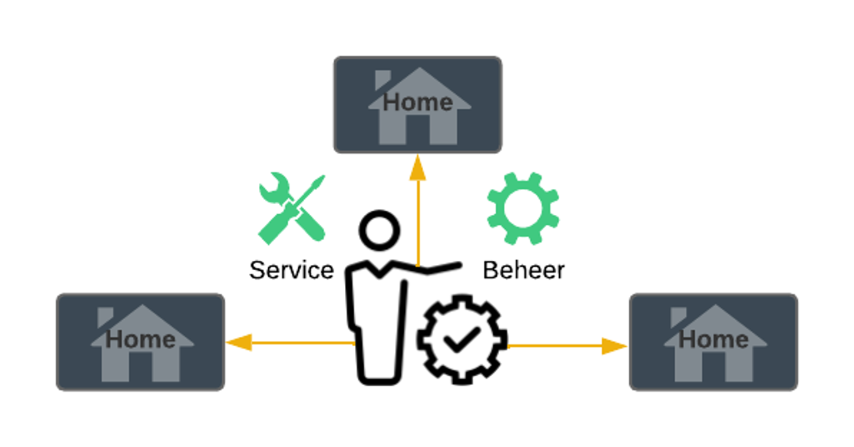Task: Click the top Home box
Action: click(418, 105)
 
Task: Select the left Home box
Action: click(140, 342)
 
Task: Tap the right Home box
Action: click(713, 342)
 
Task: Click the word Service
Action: click(292, 270)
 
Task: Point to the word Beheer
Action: click(524, 270)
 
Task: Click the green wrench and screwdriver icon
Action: click(292, 208)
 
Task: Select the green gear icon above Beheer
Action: click(523, 208)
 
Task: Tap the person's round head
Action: click(380, 230)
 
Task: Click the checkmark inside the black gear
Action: click(462, 340)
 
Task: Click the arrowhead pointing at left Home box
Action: click(239, 342)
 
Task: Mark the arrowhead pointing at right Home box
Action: click(614, 346)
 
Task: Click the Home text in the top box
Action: click(418, 102)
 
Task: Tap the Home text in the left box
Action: click(140, 340)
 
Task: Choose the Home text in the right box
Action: click(713, 340)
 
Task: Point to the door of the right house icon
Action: click(713, 366)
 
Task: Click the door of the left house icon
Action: click(140, 366)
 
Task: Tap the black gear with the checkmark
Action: click(462, 340)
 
